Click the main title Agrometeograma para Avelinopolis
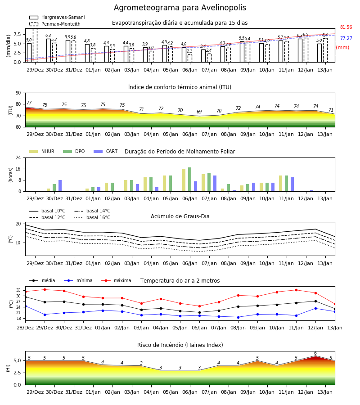180,8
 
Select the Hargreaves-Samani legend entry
57,17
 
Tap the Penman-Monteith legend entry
55,24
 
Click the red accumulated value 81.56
346,27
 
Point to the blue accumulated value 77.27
346,39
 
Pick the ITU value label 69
199,112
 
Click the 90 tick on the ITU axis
18,93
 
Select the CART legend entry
106,151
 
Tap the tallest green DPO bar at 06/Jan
190,180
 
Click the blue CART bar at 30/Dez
60,186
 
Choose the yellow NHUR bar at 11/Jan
281,184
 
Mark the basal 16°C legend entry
92,217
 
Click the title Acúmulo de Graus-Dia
180,216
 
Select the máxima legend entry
117,280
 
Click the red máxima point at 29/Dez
45,289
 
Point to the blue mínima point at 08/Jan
238,317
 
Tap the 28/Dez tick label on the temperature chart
25,328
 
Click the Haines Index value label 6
315,353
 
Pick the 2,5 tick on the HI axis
17,373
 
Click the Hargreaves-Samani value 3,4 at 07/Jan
203,46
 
